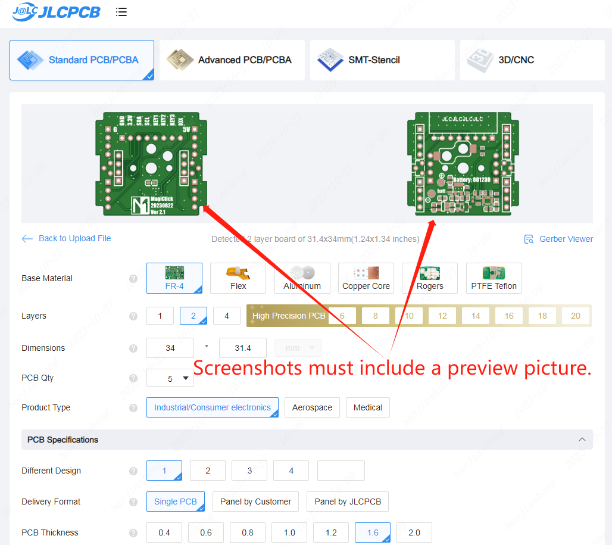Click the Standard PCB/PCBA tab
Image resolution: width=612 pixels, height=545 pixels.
coord(82,60)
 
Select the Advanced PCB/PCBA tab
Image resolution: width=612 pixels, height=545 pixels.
coord(232,60)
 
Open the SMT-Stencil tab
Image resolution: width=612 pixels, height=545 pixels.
coord(382,60)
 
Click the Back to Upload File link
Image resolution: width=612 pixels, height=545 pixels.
coord(67,238)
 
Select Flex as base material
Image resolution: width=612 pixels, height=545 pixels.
coord(238,278)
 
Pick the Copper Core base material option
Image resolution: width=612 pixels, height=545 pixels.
coord(366,278)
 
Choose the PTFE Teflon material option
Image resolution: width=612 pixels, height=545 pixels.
coord(494,278)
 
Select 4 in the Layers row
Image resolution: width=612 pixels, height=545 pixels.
coord(227,316)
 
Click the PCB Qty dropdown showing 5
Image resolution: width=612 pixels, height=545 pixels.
coord(170,378)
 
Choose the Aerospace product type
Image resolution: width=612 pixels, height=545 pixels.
coord(312,407)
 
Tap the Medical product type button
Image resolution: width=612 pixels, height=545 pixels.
coord(368,407)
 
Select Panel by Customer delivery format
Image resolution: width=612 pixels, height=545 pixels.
coord(256,502)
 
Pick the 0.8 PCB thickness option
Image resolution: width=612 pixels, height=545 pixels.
coord(248,532)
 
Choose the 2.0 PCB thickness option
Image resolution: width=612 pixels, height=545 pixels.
coord(414,532)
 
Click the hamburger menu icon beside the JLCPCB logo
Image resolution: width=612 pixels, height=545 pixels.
coord(121,12)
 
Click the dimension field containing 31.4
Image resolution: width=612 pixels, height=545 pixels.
coord(243,348)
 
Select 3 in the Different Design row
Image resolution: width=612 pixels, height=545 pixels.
coord(249,471)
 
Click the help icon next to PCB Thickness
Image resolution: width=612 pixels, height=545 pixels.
coord(133,532)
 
